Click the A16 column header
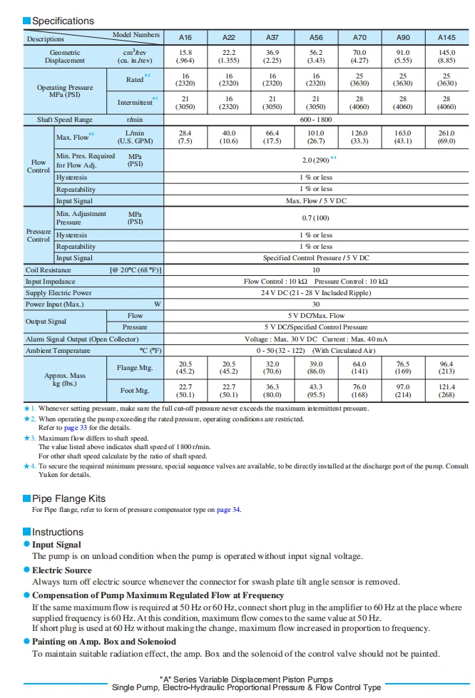[185, 37]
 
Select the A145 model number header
[446, 37]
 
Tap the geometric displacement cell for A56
[316, 56]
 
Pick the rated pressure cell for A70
[359, 79]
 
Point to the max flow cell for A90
[403, 137]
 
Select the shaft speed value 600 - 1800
[316, 120]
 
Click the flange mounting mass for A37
[272, 367]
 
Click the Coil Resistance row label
[48, 270]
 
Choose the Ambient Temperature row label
[58, 350]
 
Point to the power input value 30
[316, 304]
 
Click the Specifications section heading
[63, 21]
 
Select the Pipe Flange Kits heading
[68, 498]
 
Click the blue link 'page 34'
[228, 510]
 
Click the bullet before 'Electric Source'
[26, 570]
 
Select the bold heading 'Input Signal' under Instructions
[56, 545]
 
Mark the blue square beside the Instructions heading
[26, 532]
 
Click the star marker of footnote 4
[26, 466]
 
